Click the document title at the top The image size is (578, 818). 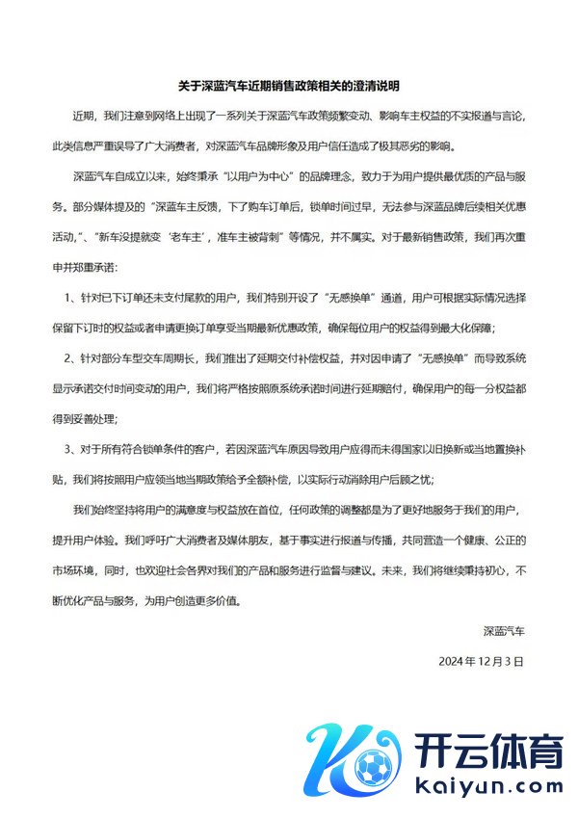click(289, 86)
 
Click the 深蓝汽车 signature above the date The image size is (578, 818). click(504, 632)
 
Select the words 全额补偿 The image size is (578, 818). click(295, 478)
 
